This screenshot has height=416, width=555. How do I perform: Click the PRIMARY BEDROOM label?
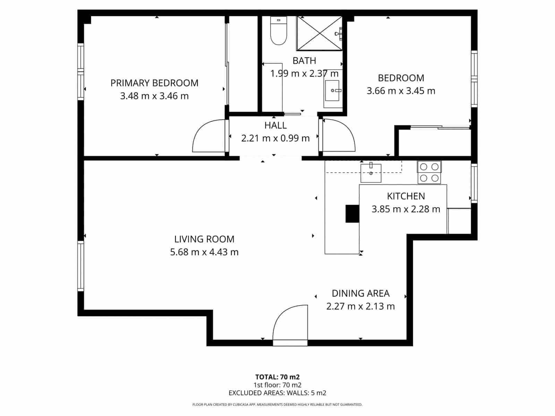point(154,83)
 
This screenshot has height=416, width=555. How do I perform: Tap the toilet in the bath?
point(279,32)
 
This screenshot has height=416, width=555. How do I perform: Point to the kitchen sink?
point(371,173)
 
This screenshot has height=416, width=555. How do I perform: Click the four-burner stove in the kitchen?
point(429,172)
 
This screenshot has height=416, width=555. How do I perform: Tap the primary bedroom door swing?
point(208,137)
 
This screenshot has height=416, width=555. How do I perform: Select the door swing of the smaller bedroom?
point(338,136)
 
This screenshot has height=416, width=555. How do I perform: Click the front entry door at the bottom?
point(291,326)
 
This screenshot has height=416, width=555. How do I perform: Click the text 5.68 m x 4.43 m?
point(204,252)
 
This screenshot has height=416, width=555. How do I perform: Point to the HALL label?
point(275,125)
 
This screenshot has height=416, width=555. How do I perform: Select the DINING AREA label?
point(360,293)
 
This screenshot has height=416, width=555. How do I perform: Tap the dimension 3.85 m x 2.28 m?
point(406,209)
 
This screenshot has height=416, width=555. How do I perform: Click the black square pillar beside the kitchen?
point(352,214)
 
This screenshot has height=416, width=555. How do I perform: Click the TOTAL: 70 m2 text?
point(277,377)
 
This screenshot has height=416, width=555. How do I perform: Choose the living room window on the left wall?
point(80,266)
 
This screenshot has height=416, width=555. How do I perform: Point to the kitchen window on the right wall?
point(474,183)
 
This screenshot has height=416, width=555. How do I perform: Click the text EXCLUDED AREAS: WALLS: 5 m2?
point(277,393)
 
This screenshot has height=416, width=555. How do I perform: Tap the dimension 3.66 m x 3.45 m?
point(401,91)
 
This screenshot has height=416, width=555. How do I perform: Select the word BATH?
point(304,61)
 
